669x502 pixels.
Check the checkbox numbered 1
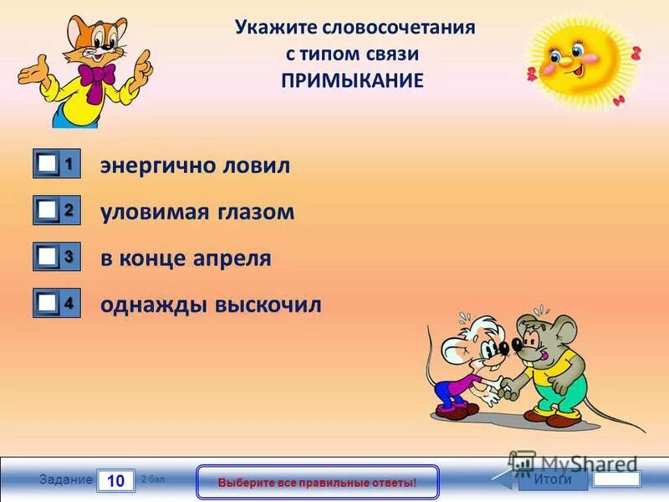(x=48, y=166)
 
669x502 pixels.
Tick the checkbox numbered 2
(x=48, y=212)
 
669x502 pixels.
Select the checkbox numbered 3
(x=48, y=258)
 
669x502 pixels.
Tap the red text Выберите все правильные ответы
(x=317, y=483)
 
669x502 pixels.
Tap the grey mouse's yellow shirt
(x=555, y=361)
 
